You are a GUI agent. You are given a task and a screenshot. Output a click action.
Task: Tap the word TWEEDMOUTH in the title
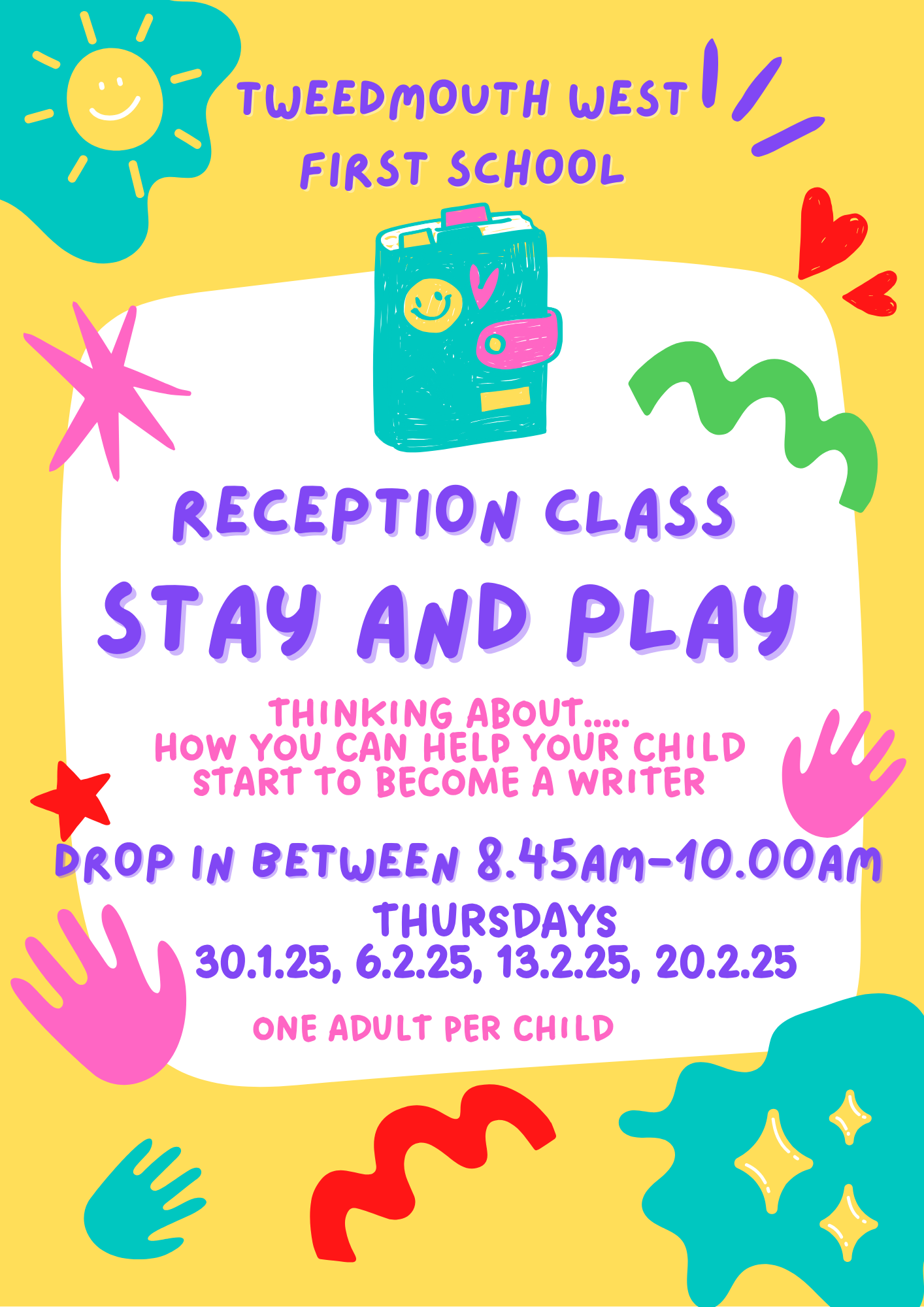393,99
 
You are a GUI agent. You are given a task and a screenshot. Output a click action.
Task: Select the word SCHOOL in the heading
536,168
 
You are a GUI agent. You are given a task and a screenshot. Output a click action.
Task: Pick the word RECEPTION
346,514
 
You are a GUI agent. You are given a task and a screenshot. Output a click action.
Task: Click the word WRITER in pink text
636,782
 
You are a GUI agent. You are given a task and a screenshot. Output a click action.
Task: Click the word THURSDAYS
495,920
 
